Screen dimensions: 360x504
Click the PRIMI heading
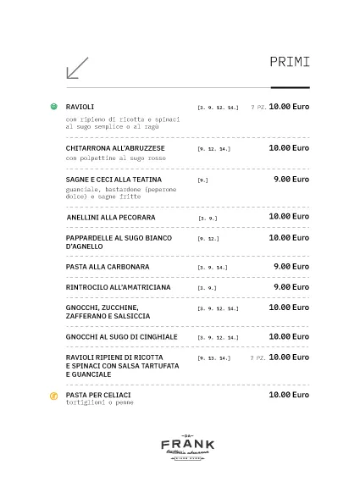pos(289,62)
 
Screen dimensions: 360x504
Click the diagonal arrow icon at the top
pos(77,68)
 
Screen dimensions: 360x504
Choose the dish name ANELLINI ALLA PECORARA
pos(110,218)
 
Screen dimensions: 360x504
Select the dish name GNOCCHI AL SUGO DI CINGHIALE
pos(121,337)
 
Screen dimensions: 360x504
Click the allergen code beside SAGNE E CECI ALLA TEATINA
pos(202,180)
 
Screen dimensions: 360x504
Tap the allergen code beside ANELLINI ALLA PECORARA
pos(208,219)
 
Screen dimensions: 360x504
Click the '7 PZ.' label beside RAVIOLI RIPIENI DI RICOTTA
pos(258,358)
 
